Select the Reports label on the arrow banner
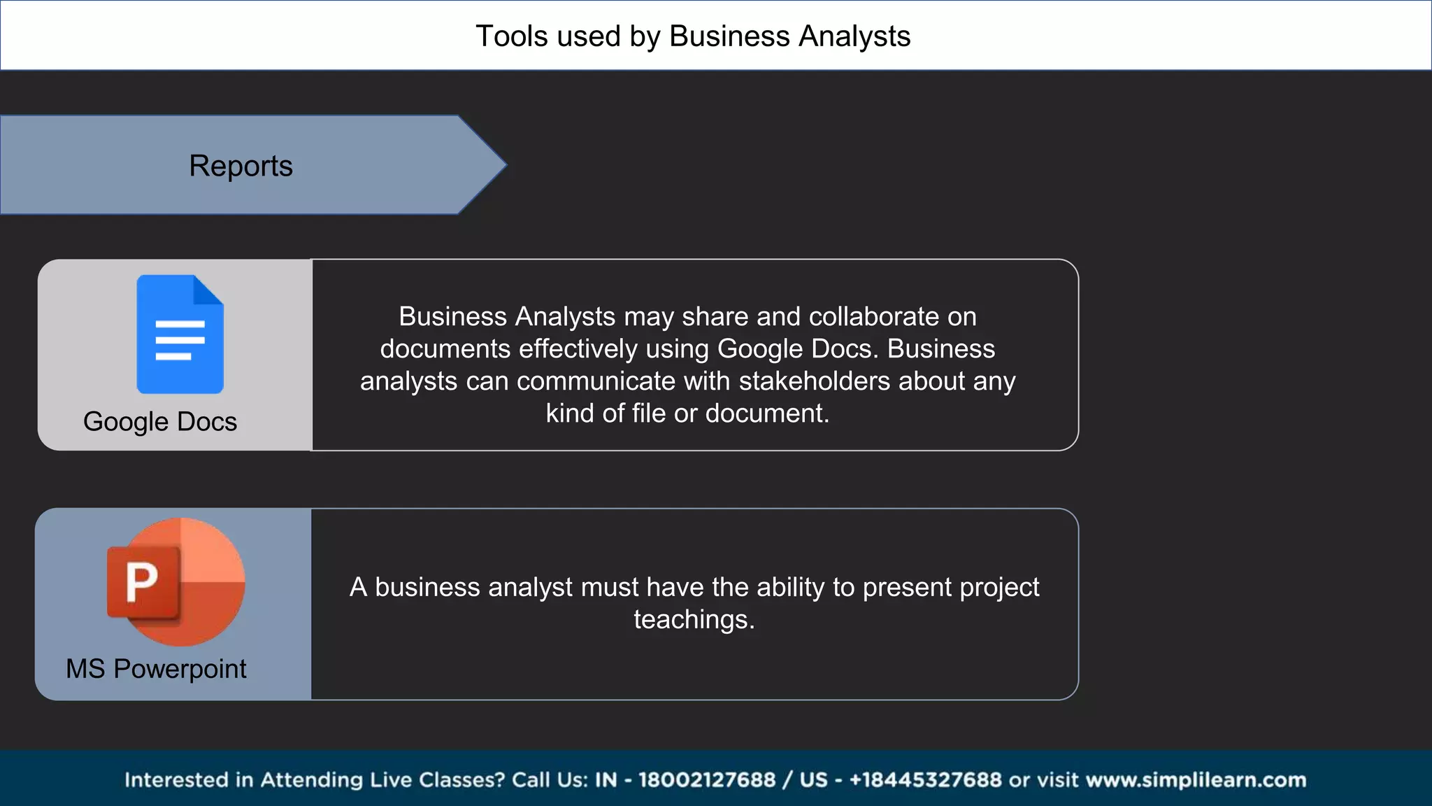[x=241, y=166]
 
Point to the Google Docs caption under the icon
[x=160, y=422]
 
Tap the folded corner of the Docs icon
[x=208, y=290]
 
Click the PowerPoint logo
[x=176, y=581]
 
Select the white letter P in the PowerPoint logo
[x=141, y=581]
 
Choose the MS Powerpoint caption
[x=156, y=669]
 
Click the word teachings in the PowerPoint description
[x=694, y=620]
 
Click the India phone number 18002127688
[x=707, y=780]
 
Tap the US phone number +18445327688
[x=925, y=780]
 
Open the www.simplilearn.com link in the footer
[x=1196, y=780]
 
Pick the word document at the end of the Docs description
[x=766, y=413]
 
